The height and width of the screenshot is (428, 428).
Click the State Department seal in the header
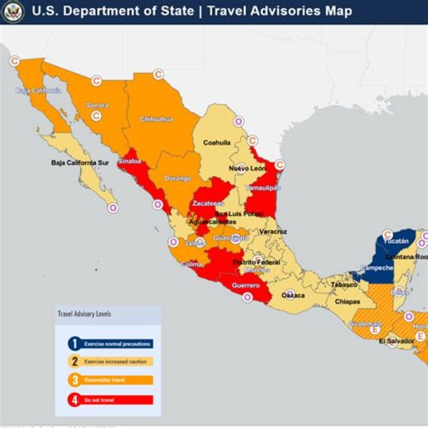click(x=12, y=11)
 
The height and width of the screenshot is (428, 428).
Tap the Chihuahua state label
click(x=157, y=119)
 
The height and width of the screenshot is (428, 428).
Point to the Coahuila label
click(x=216, y=143)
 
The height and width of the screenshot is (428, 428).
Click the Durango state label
click(x=178, y=178)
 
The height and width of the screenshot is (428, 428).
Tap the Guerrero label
click(x=245, y=286)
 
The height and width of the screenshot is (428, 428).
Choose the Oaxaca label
click(x=293, y=295)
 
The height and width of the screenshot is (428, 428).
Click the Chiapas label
click(x=347, y=301)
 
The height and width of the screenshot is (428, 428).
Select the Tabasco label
click(x=344, y=285)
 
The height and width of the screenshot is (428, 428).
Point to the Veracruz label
click(x=273, y=231)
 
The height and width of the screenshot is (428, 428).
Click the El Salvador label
click(x=396, y=341)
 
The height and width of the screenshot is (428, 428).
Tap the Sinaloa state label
click(x=130, y=161)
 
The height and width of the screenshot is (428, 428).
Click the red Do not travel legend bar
click(x=118, y=400)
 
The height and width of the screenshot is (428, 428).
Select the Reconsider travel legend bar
click(x=118, y=380)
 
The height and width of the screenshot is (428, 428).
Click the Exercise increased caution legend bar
click(x=118, y=361)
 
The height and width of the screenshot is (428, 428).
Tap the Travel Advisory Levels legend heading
click(x=84, y=313)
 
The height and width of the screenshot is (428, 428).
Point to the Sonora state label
click(x=97, y=105)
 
